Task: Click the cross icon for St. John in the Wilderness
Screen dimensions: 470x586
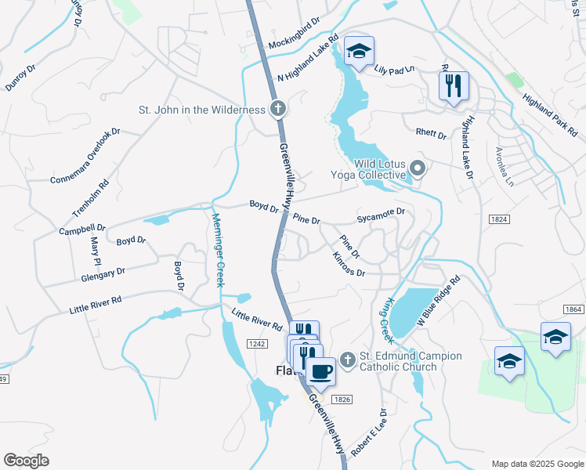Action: (277, 110)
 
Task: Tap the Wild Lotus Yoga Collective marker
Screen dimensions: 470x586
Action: (418, 168)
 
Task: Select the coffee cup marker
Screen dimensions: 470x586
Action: (320, 371)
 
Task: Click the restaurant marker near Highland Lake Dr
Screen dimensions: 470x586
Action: (453, 85)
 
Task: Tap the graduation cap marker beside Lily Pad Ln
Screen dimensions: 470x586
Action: (359, 52)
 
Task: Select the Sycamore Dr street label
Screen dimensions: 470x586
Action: (380, 212)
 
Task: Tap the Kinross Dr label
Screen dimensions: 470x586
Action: (349, 264)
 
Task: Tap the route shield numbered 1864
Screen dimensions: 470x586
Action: (573, 309)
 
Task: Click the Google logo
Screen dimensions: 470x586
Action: (26, 461)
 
